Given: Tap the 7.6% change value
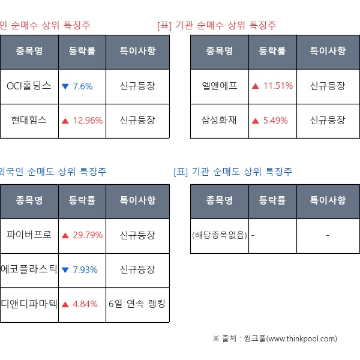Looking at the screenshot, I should point(82,86).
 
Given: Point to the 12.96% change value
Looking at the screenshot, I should point(88,120).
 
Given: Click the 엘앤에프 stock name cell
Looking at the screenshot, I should point(220,86).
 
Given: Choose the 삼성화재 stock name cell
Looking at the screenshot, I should point(220,120).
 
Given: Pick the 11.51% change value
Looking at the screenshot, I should point(278,86).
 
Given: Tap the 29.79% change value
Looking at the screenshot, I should point(88,235).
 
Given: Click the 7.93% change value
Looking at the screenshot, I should point(85,269).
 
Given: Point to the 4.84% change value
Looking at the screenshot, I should point(85,304).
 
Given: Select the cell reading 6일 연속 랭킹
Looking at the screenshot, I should point(137,304).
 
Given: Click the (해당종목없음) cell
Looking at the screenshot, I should point(220,235).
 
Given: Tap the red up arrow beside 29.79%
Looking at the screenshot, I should point(65,235).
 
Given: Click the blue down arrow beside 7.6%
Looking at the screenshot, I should point(65,86).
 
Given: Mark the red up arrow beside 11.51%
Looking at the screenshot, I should point(256,86).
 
